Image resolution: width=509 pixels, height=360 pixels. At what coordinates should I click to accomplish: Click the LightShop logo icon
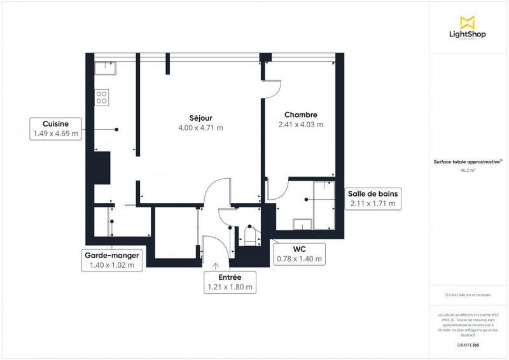468,22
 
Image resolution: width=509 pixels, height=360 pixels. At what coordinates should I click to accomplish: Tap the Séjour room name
200,118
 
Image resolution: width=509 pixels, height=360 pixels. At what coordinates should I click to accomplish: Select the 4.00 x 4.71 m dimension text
200,128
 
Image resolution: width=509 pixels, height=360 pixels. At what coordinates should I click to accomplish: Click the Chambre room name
300,115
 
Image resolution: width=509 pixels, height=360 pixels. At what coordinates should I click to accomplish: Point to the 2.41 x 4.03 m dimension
300,125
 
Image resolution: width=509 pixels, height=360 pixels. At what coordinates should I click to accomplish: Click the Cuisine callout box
56,128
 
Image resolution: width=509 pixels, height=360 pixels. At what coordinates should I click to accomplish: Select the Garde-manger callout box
112,260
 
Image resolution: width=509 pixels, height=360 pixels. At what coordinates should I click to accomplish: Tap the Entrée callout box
230,282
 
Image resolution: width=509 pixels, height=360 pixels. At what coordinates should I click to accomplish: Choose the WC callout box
300,254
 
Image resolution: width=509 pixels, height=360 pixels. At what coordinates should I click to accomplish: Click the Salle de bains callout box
373,198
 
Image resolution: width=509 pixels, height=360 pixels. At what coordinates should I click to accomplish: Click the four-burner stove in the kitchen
102,97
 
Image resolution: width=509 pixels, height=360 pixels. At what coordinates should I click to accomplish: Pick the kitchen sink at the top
105,66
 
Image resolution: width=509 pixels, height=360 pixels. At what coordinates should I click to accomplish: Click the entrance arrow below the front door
216,265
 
